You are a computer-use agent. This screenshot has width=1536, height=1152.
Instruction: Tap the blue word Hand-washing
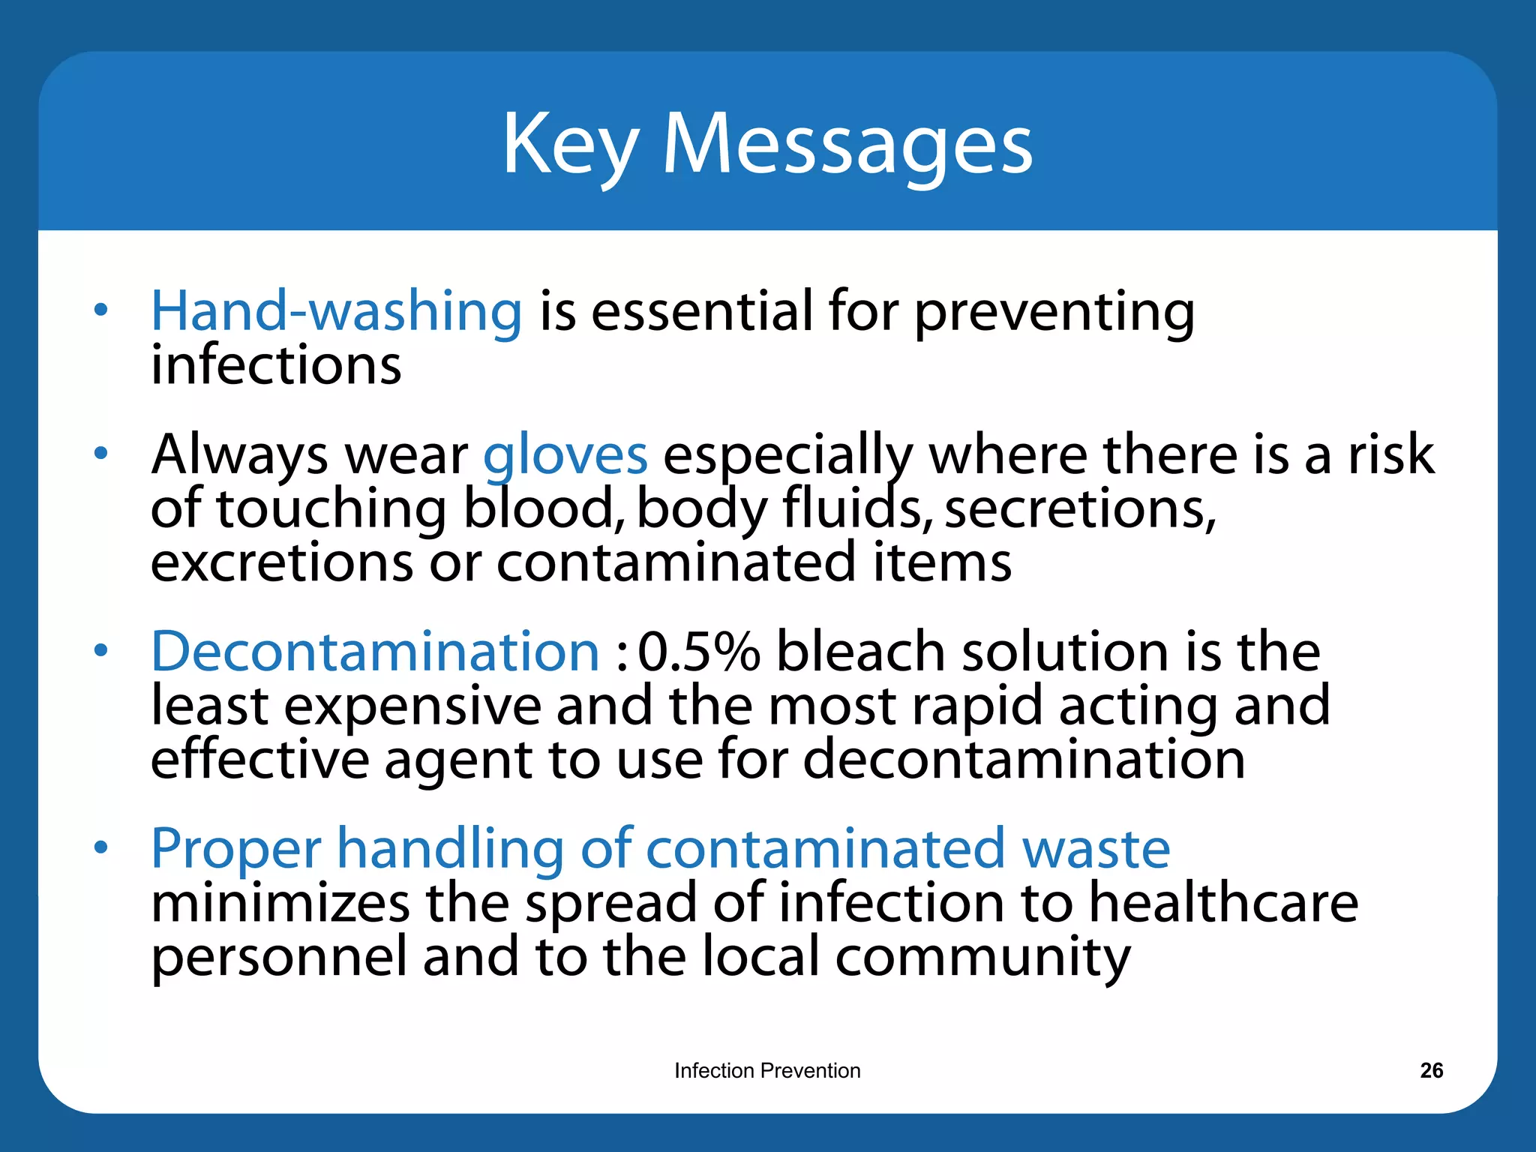[x=336, y=310]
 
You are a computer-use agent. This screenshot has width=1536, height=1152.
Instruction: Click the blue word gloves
[x=565, y=455]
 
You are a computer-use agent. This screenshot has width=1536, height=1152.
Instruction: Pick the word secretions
[x=1079, y=509]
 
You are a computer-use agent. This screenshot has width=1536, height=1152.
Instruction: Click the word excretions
[x=281, y=562]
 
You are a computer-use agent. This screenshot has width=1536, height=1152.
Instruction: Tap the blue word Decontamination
[x=375, y=651]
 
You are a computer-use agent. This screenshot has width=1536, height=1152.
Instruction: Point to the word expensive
[x=412, y=706]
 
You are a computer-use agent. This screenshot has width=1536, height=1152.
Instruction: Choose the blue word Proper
[x=235, y=849]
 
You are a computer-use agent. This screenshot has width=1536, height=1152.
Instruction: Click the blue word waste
[x=1096, y=849]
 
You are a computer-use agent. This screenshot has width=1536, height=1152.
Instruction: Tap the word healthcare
[x=1222, y=902]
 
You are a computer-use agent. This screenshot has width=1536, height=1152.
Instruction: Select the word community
[x=982, y=958]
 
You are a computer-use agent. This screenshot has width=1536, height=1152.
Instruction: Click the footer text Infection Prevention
[x=767, y=1070]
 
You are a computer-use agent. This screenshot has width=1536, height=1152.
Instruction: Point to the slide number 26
[x=1431, y=1070]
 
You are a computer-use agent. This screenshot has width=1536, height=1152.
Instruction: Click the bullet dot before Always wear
[x=101, y=453]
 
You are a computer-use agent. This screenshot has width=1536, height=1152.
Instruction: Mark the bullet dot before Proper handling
[x=101, y=847]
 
